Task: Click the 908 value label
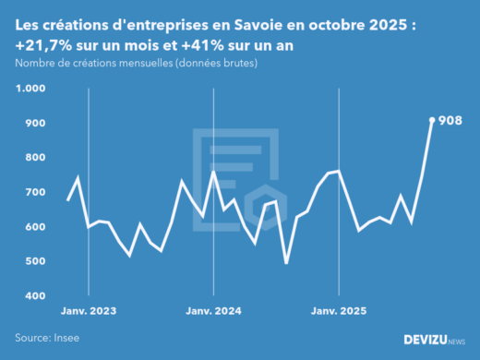(x=450, y=121)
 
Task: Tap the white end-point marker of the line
(x=432, y=119)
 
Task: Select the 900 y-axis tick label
(x=34, y=123)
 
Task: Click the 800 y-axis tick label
(x=34, y=158)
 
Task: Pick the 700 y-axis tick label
(x=34, y=192)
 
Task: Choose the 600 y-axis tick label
(x=34, y=227)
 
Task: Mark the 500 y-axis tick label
(x=34, y=261)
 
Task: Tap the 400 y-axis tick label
(x=34, y=296)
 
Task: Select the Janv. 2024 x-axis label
(x=213, y=311)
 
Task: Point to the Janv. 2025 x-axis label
(x=339, y=311)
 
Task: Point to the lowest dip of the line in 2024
(x=286, y=263)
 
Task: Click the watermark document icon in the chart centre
(x=238, y=175)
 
